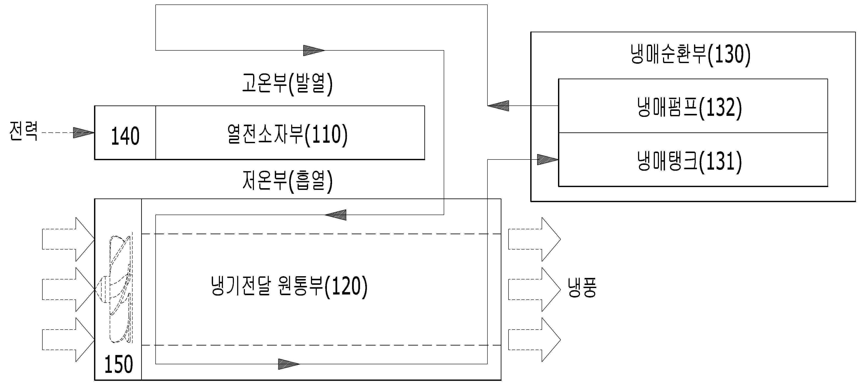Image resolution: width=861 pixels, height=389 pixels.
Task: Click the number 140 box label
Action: pos(125,136)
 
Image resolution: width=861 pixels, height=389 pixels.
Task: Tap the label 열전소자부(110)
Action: pos(288,135)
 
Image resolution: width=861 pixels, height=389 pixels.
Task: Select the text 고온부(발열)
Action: pos(288,83)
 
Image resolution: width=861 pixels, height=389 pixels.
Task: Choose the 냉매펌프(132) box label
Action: pos(689,108)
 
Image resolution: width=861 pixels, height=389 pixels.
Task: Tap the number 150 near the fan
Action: pos(119,364)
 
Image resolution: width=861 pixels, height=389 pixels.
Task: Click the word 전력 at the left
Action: pos(23,131)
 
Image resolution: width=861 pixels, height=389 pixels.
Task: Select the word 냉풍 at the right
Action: pos(582,287)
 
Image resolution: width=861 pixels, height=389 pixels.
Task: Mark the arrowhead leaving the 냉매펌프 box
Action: pos(498,106)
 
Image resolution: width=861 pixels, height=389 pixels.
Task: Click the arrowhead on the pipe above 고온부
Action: pos(314,51)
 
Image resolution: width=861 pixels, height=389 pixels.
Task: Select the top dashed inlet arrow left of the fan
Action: pos(68,239)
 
